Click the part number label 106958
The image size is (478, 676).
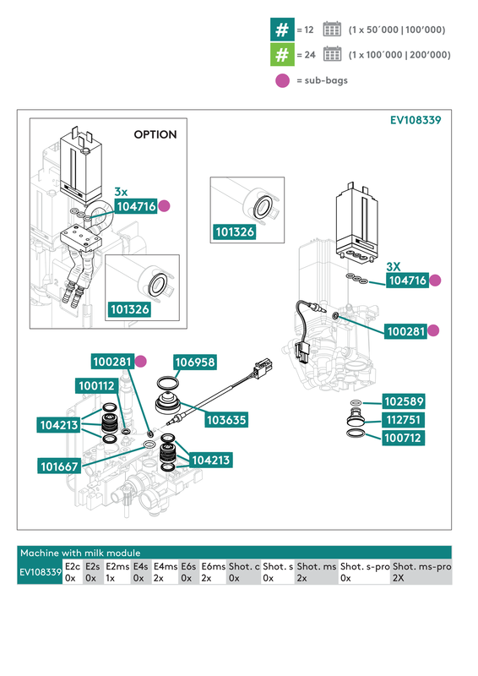tap(195, 362)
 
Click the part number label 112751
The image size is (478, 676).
tap(404, 419)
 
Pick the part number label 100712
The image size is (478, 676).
tap(404, 438)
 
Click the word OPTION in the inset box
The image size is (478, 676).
tap(155, 134)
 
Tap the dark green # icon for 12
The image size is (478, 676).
tap(280, 30)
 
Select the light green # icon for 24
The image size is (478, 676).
tap(280, 55)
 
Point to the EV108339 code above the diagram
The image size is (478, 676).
tap(415, 120)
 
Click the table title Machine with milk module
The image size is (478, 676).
tap(80, 552)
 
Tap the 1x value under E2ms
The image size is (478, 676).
tap(111, 578)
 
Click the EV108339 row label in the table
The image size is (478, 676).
tap(40, 572)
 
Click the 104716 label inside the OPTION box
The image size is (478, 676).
tap(136, 205)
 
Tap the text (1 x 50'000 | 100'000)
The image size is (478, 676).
tap(396, 30)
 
